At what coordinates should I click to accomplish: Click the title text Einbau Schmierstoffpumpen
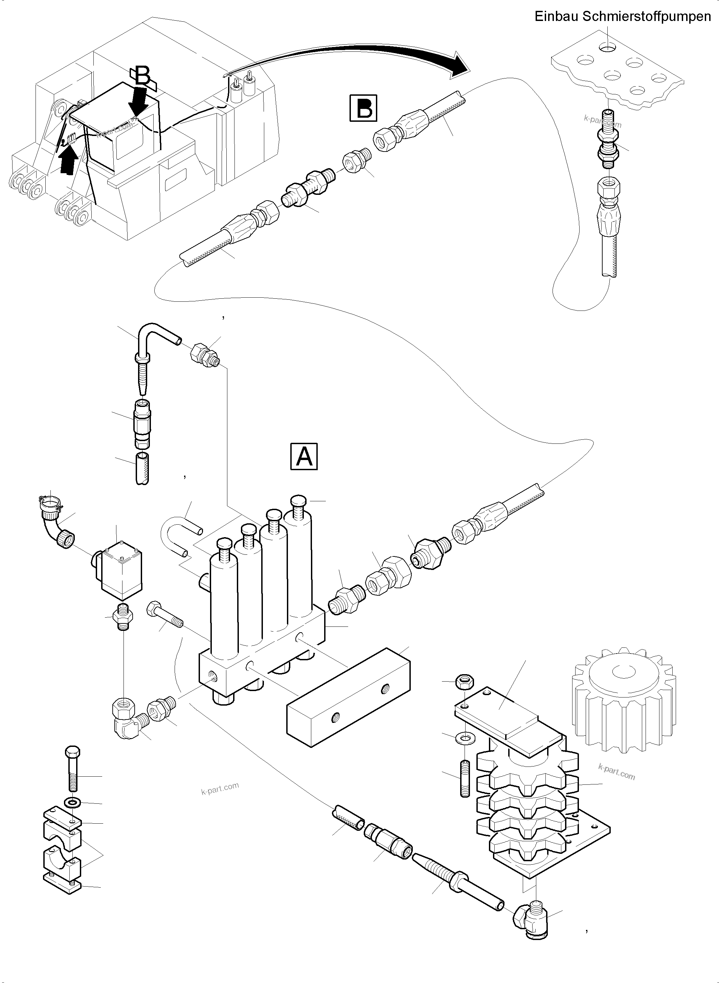pos(622,17)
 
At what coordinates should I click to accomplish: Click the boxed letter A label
pos(304,456)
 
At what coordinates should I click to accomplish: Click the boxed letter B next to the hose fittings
pos(363,108)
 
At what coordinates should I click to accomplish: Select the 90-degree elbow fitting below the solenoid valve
pos(127,720)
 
